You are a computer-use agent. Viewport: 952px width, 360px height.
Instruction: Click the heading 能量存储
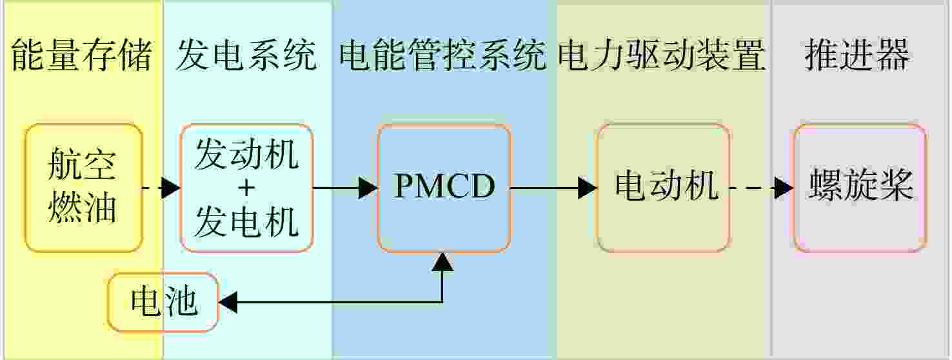tap(81, 54)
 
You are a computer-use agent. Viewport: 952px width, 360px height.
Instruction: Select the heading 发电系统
tap(246, 54)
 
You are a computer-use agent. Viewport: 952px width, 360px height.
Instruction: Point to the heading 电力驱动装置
tap(661, 54)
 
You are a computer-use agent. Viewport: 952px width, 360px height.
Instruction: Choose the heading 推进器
tap(857, 54)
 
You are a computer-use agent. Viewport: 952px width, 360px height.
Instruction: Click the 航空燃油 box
tap(84, 188)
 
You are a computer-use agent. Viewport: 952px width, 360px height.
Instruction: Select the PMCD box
tap(444, 188)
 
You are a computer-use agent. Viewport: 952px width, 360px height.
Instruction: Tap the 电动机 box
tap(664, 188)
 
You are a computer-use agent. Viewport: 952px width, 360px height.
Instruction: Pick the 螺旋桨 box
tap(860, 188)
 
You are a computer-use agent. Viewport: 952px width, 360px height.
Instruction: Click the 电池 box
tap(163, 302)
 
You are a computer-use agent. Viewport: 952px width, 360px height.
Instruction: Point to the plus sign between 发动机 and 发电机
tap(246, 188)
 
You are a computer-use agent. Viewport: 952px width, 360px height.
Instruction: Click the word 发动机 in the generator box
tap(246, 154)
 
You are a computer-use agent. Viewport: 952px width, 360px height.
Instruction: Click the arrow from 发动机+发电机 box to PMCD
tap(344, 188)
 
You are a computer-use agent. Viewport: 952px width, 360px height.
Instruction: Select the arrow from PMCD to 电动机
tap(554, 188)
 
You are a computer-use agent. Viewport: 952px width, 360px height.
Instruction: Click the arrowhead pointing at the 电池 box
tap(228, 303)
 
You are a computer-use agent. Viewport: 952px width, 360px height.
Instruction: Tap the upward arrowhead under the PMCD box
tap(442, 262)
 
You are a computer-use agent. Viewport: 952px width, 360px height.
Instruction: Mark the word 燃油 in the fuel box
tap(83, 208)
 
